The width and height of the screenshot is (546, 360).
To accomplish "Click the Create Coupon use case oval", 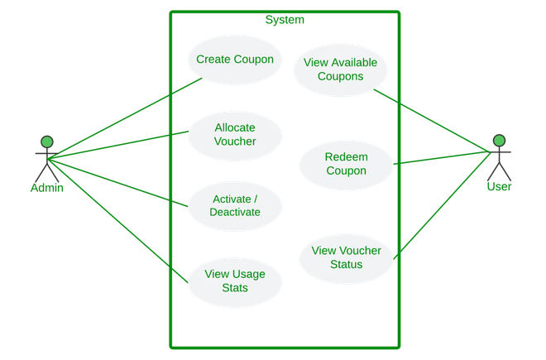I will [235, 59].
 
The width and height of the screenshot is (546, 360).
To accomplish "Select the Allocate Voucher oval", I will [235, 134].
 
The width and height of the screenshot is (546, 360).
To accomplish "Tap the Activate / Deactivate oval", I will [236, 205].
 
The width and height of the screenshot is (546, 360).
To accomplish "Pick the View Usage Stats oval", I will [235, 281].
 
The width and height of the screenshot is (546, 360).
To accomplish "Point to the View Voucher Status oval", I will [345, 257].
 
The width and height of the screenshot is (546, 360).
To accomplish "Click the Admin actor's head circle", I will [47, 141].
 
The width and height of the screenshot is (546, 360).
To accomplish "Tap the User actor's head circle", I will [499, 141].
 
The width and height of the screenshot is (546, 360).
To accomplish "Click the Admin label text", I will [47, 188].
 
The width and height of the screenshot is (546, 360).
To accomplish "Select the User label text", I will [499, 188].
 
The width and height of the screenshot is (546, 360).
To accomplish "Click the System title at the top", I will [285, 19].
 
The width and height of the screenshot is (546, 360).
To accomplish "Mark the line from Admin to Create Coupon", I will [124, 115].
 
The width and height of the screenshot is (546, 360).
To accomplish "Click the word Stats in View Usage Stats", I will [235, 289].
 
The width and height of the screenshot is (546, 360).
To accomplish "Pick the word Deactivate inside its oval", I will [236, 213].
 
